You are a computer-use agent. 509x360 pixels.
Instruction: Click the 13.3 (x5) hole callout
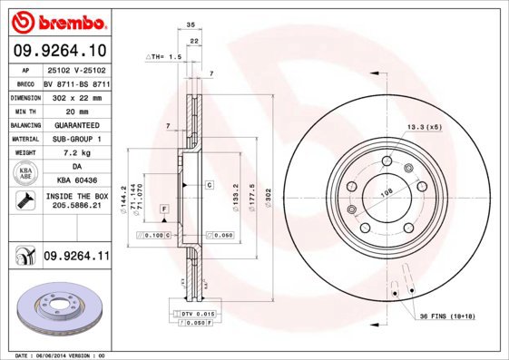423,127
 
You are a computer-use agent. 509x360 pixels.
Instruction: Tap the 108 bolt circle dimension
385,191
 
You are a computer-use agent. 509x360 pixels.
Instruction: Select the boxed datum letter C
209,184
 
